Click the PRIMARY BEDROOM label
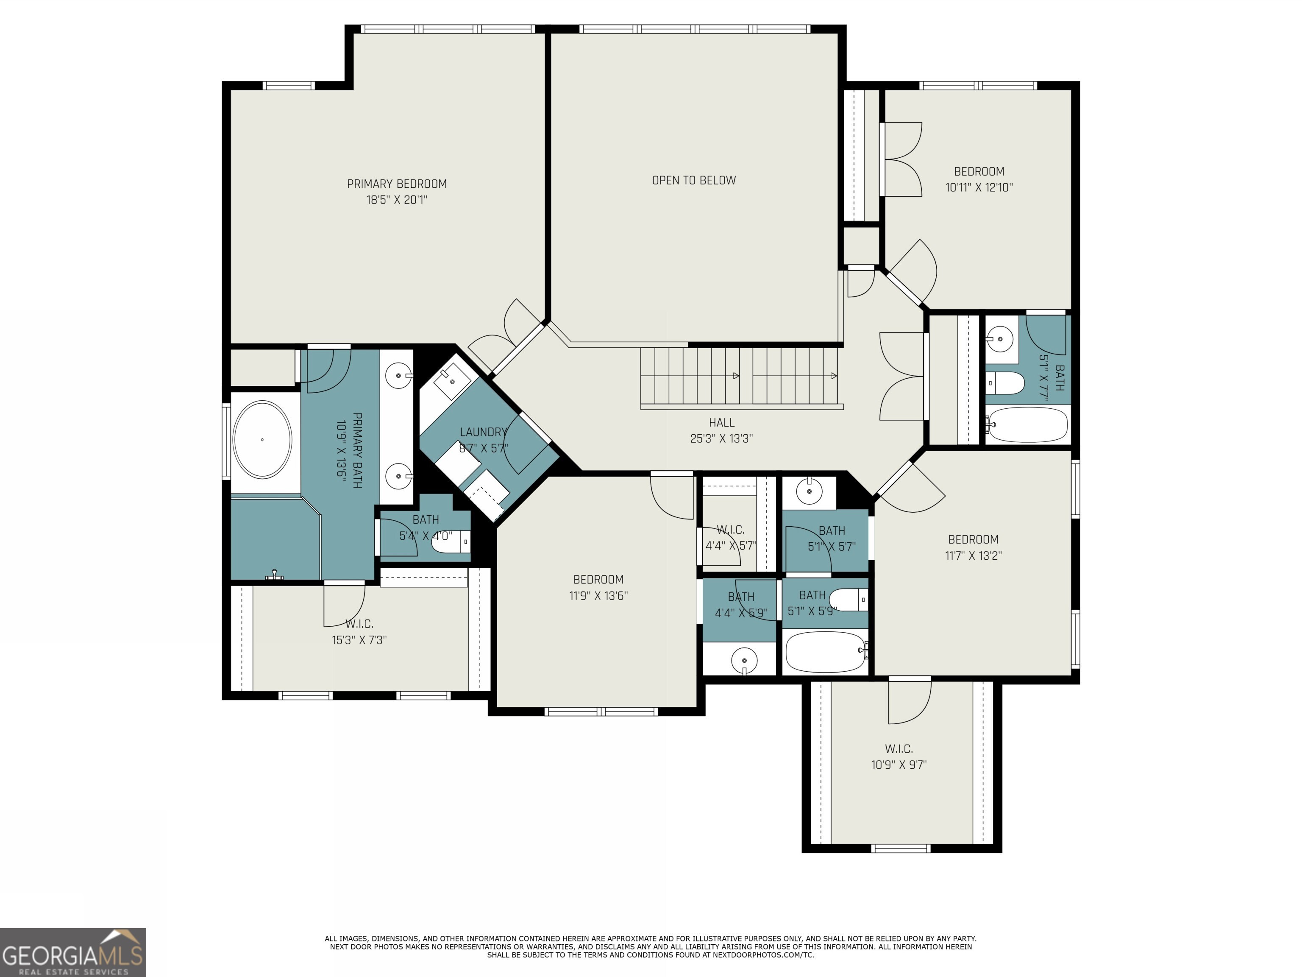pos(396,184)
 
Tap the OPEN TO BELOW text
pos(693,180)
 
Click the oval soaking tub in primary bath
pos(262,439)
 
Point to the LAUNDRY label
pos(483,432)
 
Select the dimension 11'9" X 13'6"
pos(598,595)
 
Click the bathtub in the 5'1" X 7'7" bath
pos(1027,424)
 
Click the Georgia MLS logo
pos(72,952)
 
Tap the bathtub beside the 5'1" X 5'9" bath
pos(825,651)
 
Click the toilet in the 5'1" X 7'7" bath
pos(1005,383)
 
